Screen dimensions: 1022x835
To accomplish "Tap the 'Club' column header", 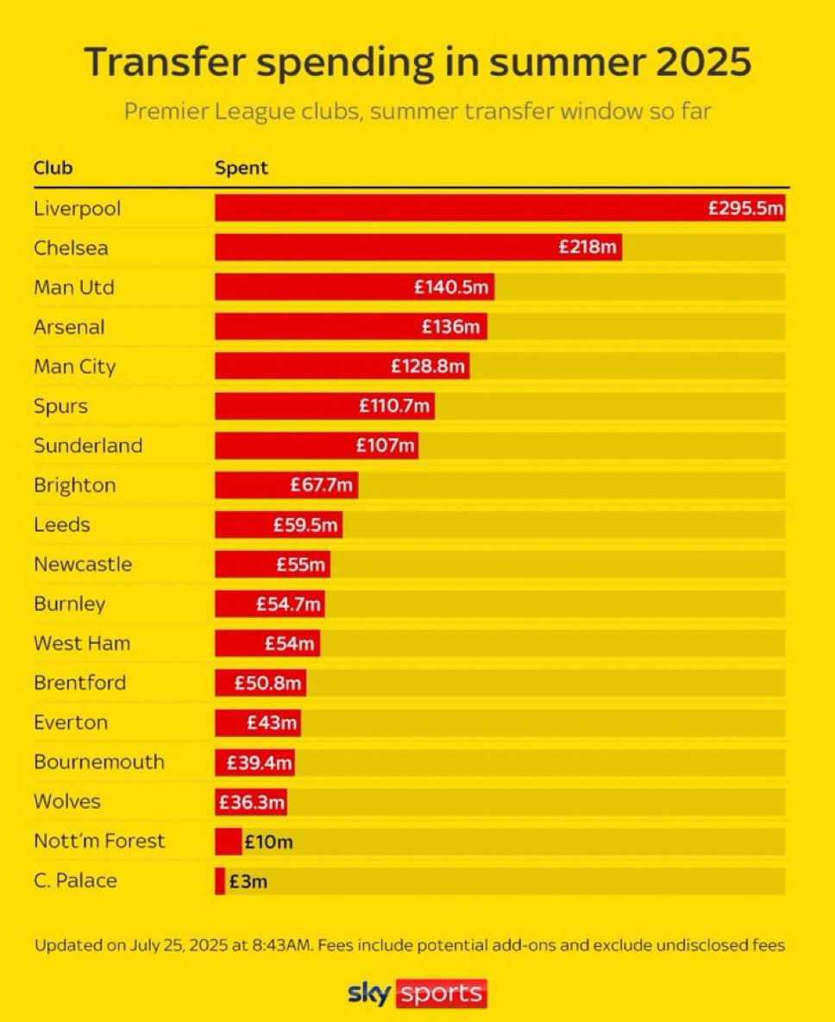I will point(53,167).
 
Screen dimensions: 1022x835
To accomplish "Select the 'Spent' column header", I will point(242,167).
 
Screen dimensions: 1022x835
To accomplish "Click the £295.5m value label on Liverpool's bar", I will point(745,208).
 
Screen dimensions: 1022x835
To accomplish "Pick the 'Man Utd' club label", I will point(73,287).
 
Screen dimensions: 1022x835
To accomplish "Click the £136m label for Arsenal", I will point(450,327).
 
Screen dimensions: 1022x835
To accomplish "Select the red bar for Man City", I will point(302,367).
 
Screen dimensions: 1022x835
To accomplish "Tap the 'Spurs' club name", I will point(60,407).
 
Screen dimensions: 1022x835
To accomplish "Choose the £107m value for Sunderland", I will point(386,446).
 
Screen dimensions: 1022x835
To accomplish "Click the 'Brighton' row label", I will point(74,485).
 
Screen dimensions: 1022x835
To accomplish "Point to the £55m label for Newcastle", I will point(301,565).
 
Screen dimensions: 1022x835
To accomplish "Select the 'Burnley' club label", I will point(69,604).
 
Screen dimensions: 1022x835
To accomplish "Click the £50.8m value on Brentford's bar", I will point(268,684).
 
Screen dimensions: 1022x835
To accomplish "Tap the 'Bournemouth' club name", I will point(98,762).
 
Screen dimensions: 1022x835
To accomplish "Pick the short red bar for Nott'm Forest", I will point(228,842).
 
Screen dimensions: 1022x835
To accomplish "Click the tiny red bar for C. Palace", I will point(219,881).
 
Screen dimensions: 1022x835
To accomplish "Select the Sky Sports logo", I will point(417,993).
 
